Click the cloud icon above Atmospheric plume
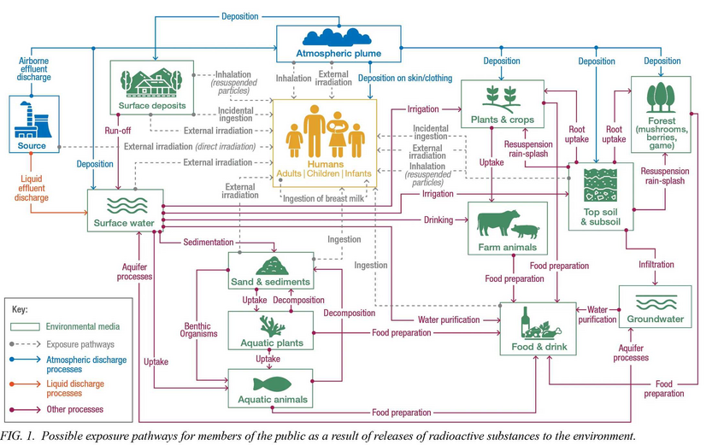pos(337,38)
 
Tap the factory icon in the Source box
pos(32,120)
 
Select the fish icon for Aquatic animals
pos(272,384)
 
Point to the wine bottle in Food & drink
pos(525,322)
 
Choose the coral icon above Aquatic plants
pos(272,326)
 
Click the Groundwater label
pos(656,319)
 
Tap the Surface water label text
pos(124,223)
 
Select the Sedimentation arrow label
pos(209,242)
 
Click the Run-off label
pos(118,131)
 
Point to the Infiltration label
pos(656,264)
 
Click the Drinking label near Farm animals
pos(438,220)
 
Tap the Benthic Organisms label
pos(198,330)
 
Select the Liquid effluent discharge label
pos(31,188)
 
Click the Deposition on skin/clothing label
pos(405,79)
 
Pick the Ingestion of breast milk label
pos(323,198)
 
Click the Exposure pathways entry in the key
pos(80,344)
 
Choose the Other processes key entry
pos(74,409)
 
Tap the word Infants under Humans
pos(358,173)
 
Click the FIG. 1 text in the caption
pos(17,436)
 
